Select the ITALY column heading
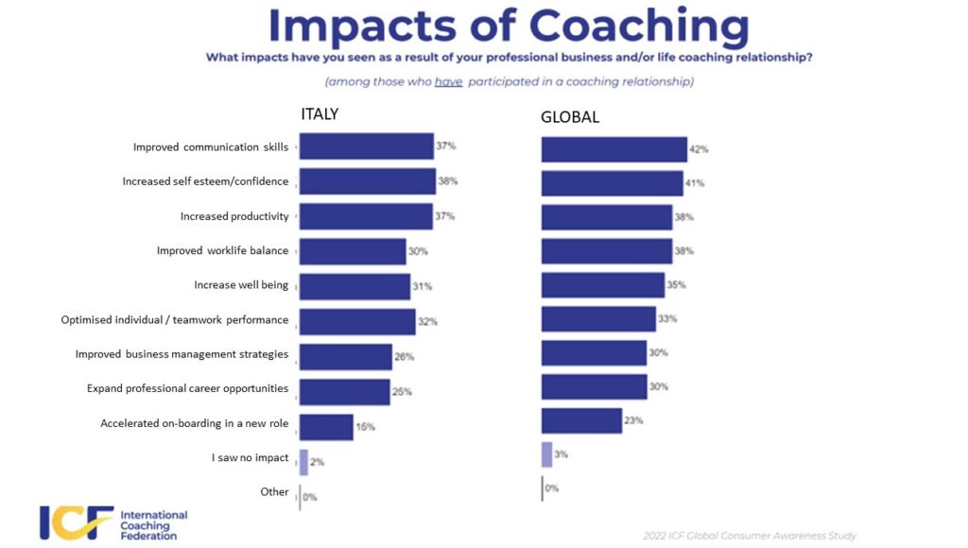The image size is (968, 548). click(x=320, y=114)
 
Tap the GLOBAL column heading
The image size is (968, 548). click(x=569, y=118)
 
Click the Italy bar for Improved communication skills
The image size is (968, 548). click(x=366, y=146)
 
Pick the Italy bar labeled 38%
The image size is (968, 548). click(x=367, y=180)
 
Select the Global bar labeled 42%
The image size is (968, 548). click(x=614, y=149)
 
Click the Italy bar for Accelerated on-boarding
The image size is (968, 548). click(x=326, y=427)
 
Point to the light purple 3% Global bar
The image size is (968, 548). click(x=546, y=454)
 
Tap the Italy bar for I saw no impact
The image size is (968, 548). click(x=303, y=461)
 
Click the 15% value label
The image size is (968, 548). click(x=365, y=427)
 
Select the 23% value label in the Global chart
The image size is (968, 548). click(x=633, y=420)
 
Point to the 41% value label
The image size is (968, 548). click(x=695, y=183)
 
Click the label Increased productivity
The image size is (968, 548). click(x=234, y=216)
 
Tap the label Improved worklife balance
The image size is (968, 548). click(x=222, y=250)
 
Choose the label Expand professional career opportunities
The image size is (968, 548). click(x=187, y=388)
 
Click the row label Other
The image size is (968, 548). click(x=274, y=491)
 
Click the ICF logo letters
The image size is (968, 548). click(x=77, y=522)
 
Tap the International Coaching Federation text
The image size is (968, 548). click(x=154, y=525)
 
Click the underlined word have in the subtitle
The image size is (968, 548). click(x=448, y=82)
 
